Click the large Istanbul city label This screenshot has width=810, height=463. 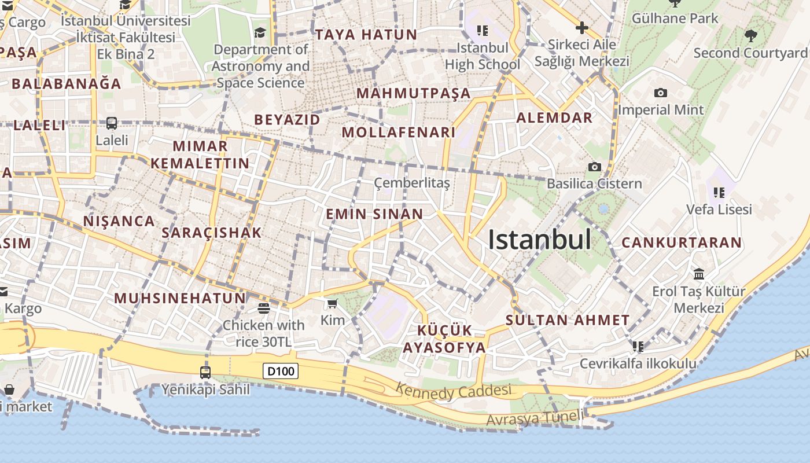point(539,240)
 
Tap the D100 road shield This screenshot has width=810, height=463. point(281,371)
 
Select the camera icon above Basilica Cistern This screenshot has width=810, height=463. point(594,167)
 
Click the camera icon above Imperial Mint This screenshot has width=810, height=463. point(660,93)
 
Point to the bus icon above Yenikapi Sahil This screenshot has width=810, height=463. point(205,372)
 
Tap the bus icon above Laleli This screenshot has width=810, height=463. point(112,123)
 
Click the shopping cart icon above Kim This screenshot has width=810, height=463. point(332,303)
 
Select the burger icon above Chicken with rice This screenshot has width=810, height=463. point(264,308)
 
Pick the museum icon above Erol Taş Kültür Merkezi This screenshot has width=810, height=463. point(698,274)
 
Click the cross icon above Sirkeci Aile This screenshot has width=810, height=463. point(581,27)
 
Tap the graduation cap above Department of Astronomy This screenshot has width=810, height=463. point(260,32)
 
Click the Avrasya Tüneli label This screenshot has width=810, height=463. point(536,418)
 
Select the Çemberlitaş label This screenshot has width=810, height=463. point(411,183)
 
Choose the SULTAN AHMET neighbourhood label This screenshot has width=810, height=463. point(568,320)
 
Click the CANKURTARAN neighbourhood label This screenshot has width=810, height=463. point(682,242)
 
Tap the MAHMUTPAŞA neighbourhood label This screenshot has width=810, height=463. point(413,93)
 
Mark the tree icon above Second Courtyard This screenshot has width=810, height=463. point(750,36)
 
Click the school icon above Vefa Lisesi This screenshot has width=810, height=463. point(719,192)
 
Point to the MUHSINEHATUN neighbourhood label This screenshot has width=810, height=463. point(180,298)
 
